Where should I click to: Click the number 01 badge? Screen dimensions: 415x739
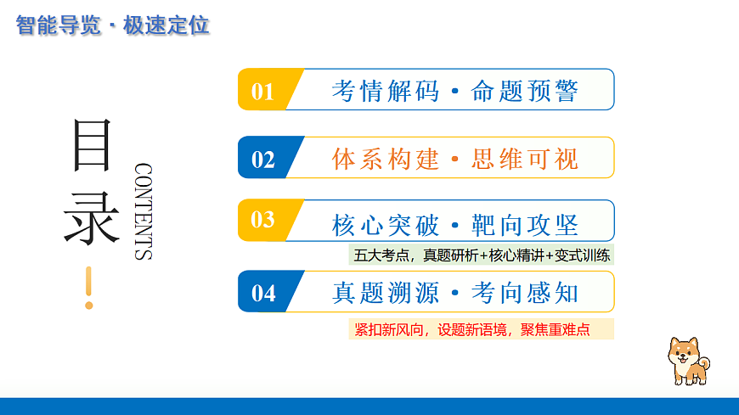(x=263, y=91)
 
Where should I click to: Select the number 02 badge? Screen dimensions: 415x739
(x=263, y=160)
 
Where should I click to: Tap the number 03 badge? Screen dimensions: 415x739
(x=263, y=220)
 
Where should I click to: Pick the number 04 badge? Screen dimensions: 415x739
(x=263, y=293)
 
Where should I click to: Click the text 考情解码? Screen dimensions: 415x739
(x=386, y=91)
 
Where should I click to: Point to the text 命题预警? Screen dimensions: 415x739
(x=525, y=91)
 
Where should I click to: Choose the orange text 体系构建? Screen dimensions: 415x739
(x=386, y=159)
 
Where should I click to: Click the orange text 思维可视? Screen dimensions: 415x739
(x=525, y=159)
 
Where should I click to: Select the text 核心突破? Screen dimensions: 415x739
(x=386, y=225)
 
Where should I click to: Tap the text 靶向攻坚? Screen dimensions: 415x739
(x=525, y=225)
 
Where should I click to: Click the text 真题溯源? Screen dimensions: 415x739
(x=386, y=293)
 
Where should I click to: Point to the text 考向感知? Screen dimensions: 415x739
(x=525, y=293)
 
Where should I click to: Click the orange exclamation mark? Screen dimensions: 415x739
(x=88, y=288)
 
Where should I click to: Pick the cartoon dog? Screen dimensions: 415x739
(x=687, y=361)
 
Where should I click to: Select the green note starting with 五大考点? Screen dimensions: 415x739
(x=481, y=255)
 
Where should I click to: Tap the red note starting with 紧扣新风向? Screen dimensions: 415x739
(x=481, y=329)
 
